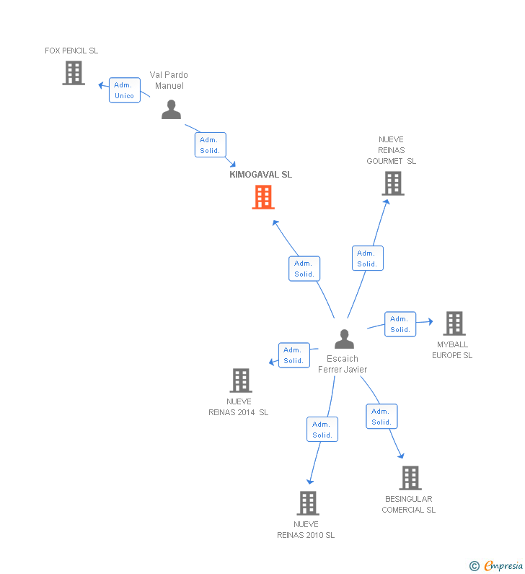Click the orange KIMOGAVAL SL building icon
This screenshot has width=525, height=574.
click(263, 197)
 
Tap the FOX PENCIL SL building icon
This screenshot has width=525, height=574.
click(74, 73)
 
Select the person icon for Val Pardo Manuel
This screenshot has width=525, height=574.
click(171, 109)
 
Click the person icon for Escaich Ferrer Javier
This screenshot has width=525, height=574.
click(345, 339)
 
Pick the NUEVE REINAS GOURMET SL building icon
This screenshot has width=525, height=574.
click(393, 183)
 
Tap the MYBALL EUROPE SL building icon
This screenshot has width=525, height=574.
click(454, 323)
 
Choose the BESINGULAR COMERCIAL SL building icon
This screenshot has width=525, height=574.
click(410, 478)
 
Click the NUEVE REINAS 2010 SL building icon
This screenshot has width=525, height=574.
click(307, 503)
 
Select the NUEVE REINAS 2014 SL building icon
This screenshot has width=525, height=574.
click(240, 381)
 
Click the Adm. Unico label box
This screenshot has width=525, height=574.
click(124, 90)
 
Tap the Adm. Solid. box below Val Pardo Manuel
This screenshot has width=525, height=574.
click(210, 145)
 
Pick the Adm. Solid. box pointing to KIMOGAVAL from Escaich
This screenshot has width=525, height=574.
click(304, 269)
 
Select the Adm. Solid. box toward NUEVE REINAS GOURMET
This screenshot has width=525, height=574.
click(367, 258)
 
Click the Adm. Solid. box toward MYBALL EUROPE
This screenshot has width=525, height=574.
click(400, 324)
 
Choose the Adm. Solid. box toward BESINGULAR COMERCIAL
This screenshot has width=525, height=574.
click(381, 417)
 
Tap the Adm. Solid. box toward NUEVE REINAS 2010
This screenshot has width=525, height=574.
click(322, 430)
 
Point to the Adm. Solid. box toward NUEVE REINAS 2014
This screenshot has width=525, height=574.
click(294, 355)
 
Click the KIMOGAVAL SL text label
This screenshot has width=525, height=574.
click(260, 175)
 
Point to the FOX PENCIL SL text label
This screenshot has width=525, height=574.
click(71, 51)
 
